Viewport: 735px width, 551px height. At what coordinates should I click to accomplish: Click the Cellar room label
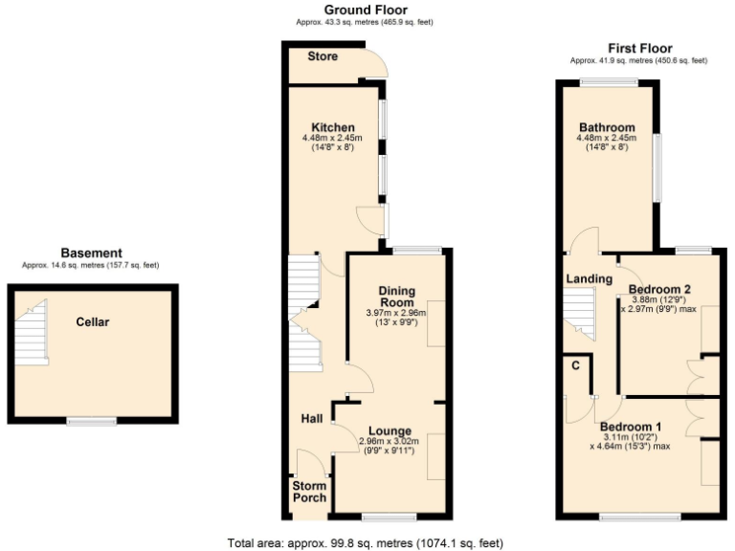[x=93, y=322]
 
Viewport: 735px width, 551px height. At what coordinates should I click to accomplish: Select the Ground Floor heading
[x=340, y=10]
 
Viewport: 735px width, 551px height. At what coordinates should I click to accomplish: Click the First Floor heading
[x=639, y=48]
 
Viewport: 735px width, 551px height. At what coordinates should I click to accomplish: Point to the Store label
[x=323, y=56]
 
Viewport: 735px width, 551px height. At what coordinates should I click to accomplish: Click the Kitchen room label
[x=332, y=127]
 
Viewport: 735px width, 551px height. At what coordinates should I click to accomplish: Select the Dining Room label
[x=396, y=297]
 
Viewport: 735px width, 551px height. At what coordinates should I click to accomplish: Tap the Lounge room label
[x=388, y=431]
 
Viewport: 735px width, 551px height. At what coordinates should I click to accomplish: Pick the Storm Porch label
[x=308, y=492]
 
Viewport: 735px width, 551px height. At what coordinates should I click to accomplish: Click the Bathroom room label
[x=607, y=127]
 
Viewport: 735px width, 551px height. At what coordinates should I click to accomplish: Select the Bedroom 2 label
[x=659, y=289]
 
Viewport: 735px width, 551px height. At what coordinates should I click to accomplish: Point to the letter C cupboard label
[x=576, y=365]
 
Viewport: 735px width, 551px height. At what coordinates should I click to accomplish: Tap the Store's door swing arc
[x=378, y=64]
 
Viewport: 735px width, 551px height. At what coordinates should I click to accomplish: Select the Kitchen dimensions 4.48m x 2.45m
[x=332, y=139]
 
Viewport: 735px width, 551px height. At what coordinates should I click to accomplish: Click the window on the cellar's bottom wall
[x=91, y=421]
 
